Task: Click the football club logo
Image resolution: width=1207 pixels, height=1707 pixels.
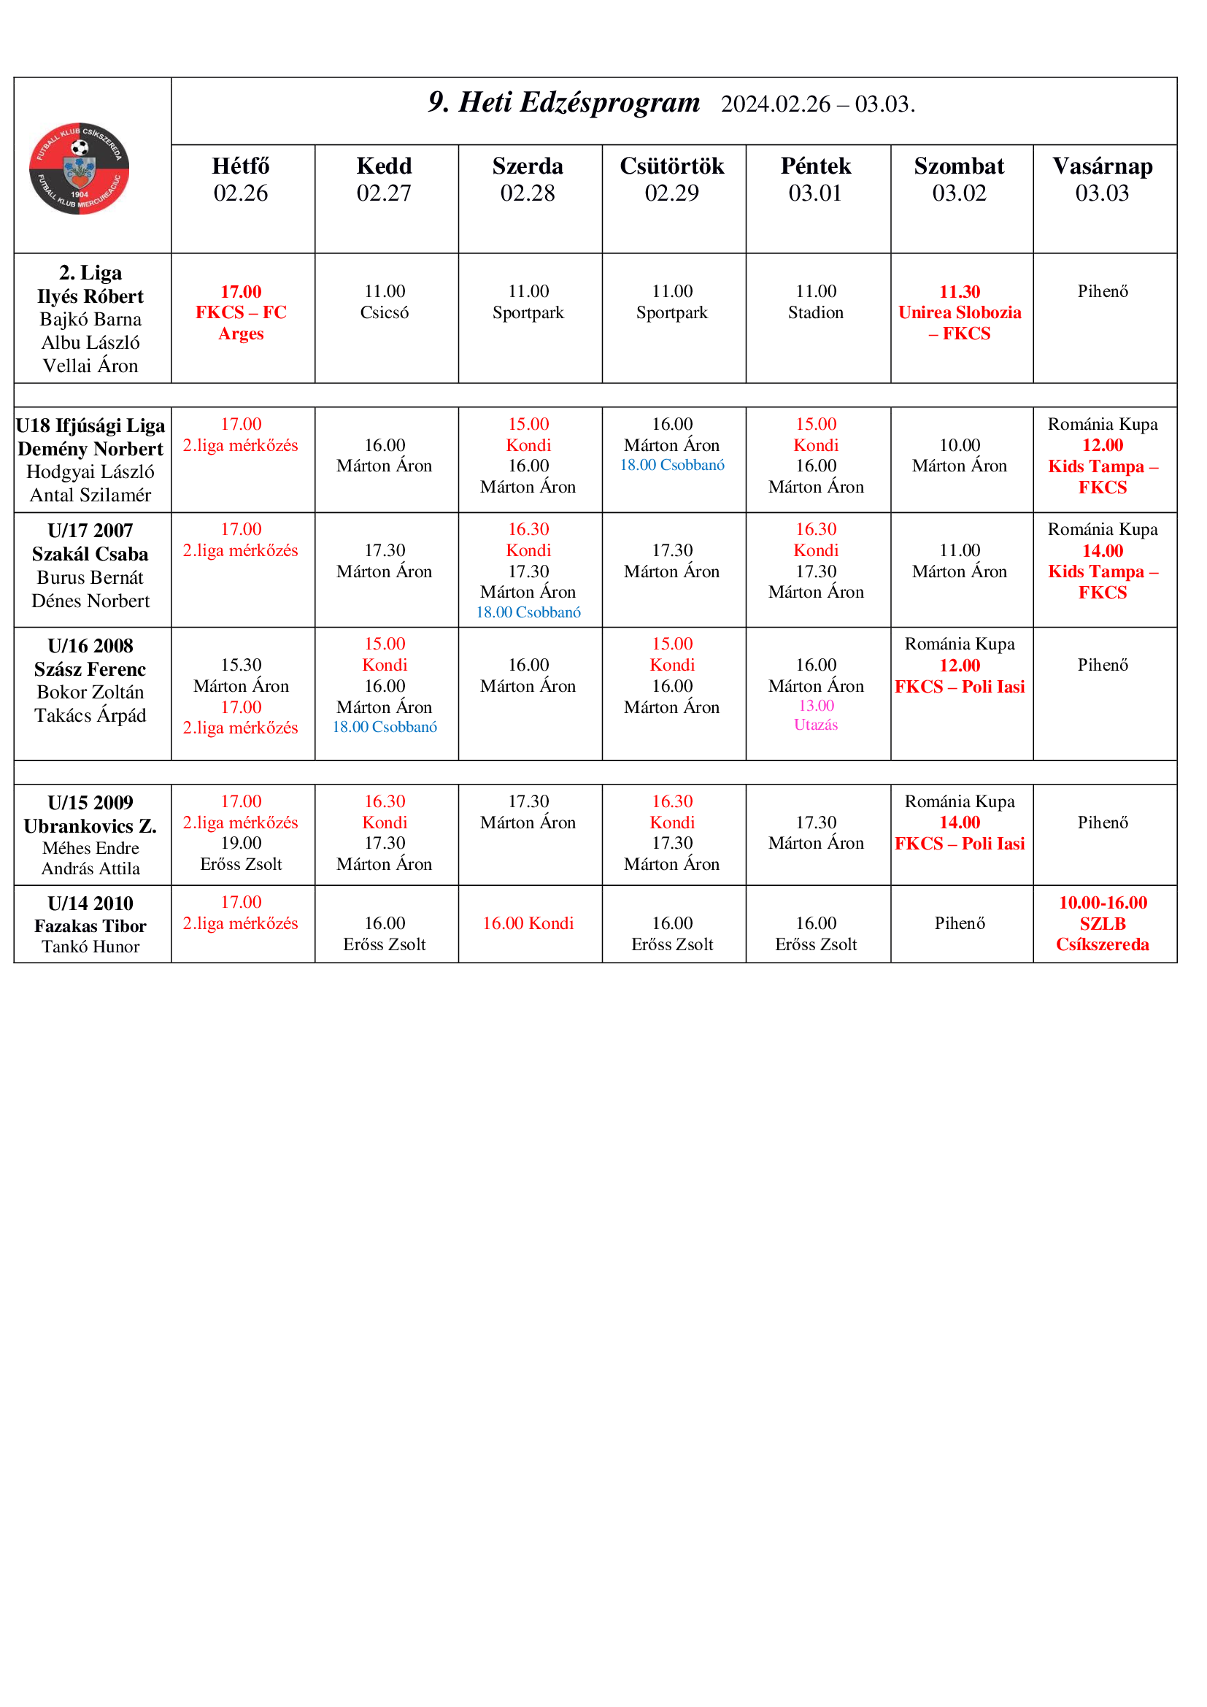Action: (x=79, y=169)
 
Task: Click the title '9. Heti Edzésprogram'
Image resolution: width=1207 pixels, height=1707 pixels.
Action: (x=563, y=103)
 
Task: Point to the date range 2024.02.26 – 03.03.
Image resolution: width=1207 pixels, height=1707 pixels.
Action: (x=817, y=104)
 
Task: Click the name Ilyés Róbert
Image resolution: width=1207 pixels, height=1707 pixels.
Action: (x=90, y=296)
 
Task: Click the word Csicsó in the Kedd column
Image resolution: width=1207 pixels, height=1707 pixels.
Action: (x=385, y=312)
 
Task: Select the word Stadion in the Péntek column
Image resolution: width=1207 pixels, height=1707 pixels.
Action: (x=815, y=312)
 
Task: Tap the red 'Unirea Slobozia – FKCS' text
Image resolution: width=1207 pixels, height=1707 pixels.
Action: (x=960, y=323)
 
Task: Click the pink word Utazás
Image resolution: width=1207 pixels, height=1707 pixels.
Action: (x=815, y=725)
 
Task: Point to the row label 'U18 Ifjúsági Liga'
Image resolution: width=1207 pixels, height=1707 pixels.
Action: (x=90, y=425)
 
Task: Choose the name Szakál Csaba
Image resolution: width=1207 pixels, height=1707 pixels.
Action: (x=90, y=554)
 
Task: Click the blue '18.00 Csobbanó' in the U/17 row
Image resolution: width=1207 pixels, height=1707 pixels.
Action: (x=528, y=612)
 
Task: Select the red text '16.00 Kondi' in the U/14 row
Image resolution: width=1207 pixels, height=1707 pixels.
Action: (x=528, y=923)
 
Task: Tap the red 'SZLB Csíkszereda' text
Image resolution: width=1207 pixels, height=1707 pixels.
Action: (x=1102, y=934)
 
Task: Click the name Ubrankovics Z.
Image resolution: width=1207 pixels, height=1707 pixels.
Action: (x=90, y=826)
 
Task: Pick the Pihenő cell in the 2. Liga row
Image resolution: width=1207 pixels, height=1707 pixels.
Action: (x=1102, y=291)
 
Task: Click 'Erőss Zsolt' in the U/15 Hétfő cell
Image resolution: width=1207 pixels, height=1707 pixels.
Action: (x=241, y=864)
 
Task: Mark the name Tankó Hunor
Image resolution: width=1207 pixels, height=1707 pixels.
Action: (x=90, y=947)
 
